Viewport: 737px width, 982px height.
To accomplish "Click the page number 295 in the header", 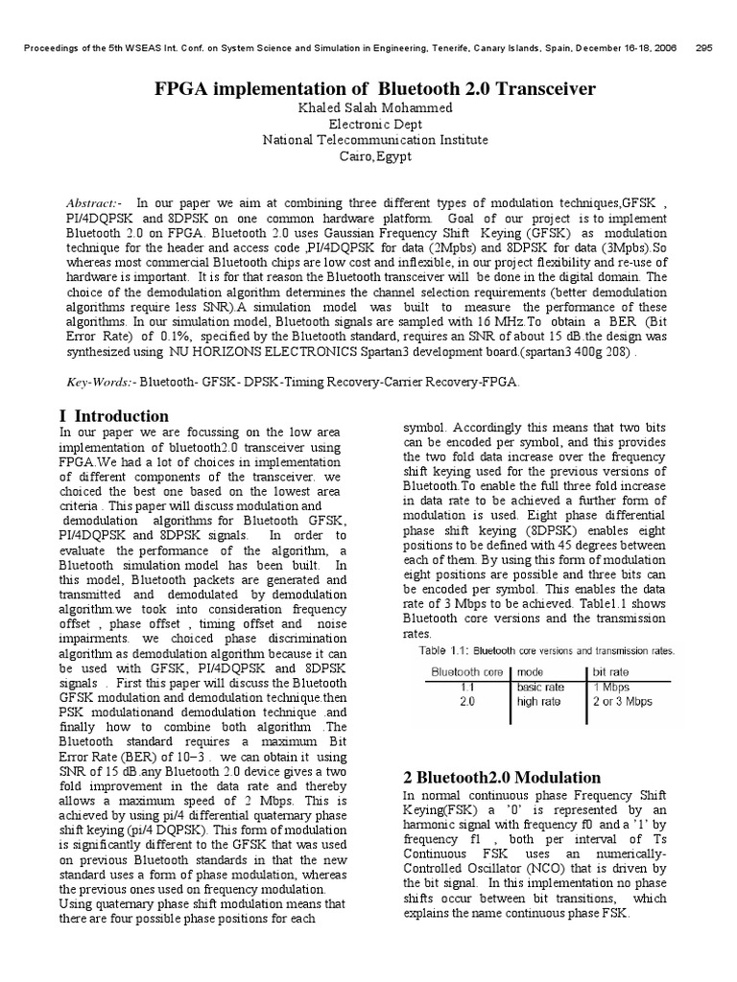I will pos(702,48).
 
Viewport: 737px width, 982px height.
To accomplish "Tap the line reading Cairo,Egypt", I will pos(375,156).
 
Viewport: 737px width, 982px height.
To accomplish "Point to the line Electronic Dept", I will pos(375,124).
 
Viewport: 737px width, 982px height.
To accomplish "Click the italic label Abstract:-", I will pos(93,203).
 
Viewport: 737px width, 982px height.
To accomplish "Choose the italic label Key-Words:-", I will pos(100,382).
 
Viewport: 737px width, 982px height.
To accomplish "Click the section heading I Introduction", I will pos(114,416).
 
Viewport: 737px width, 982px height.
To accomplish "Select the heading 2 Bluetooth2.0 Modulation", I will pos(502,778).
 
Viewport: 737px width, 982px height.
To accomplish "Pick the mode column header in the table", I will pos(533,673).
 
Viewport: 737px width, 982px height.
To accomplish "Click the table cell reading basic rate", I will pos(542,687).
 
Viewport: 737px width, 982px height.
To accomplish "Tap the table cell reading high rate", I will pos(540,701).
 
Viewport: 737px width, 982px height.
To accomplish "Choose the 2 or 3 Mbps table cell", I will pos(623,701).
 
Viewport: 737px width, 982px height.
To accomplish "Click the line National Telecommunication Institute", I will pos(375,140).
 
